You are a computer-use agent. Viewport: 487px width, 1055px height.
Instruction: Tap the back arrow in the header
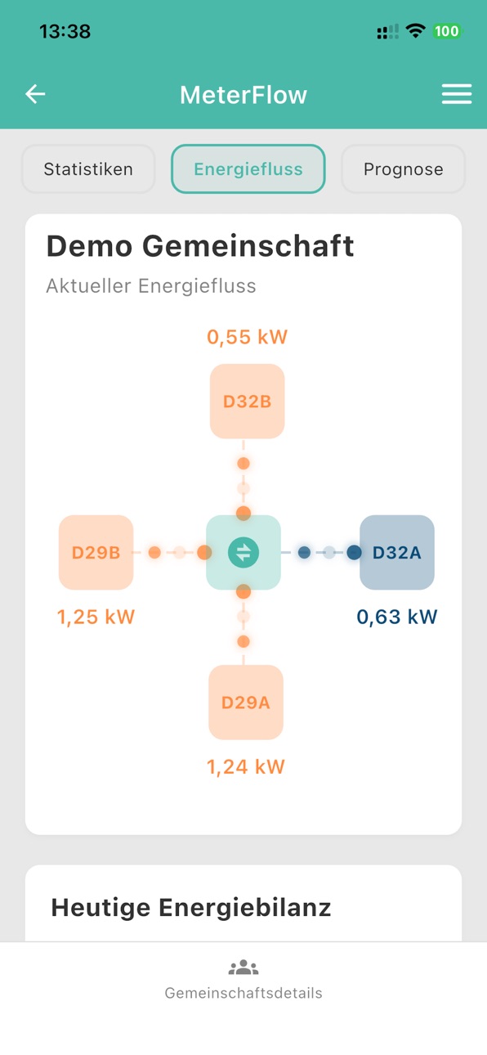click(x=35, y=94)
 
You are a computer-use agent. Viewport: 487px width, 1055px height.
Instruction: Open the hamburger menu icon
click(x=457, y=94)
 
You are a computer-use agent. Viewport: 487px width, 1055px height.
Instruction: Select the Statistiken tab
click(x=88, y=169)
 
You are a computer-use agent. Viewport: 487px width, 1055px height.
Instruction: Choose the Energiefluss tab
click(x=248, y=169)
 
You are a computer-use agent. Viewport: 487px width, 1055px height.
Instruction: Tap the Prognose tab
click(x=403, y=169)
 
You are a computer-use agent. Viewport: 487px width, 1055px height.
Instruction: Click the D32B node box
click(x=247, y=402)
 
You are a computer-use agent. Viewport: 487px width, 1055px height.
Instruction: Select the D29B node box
click(x=96, y=553)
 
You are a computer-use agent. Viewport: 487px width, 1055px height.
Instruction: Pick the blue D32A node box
click(x=397, y=553)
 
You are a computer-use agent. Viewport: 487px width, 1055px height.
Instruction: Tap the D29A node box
click(x=246, y=703)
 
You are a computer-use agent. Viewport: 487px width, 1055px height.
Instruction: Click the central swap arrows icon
click(x=243, y=553)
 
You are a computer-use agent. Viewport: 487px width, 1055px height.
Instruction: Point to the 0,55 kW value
click(x=247, y=337)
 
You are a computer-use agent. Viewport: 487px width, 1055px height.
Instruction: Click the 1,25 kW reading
click(x=96, y=617)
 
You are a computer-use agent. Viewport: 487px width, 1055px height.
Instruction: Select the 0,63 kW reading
click(x=397, y=617)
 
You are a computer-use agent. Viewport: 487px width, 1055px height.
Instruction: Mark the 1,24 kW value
click(x=246, y=767)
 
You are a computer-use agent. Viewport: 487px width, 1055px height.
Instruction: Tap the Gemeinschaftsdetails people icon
click(x=243, y=967)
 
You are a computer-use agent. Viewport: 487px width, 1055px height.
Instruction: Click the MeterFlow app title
click(x=243, y=95)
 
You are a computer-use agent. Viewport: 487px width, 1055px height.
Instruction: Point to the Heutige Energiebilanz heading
click(x=191, y=908)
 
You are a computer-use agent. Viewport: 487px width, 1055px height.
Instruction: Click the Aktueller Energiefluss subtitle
click(x=151, y=286)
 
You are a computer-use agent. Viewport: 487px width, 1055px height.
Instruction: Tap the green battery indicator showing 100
click(x=446, y=32)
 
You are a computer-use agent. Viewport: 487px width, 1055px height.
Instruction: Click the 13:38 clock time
click(x=65, y=32)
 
